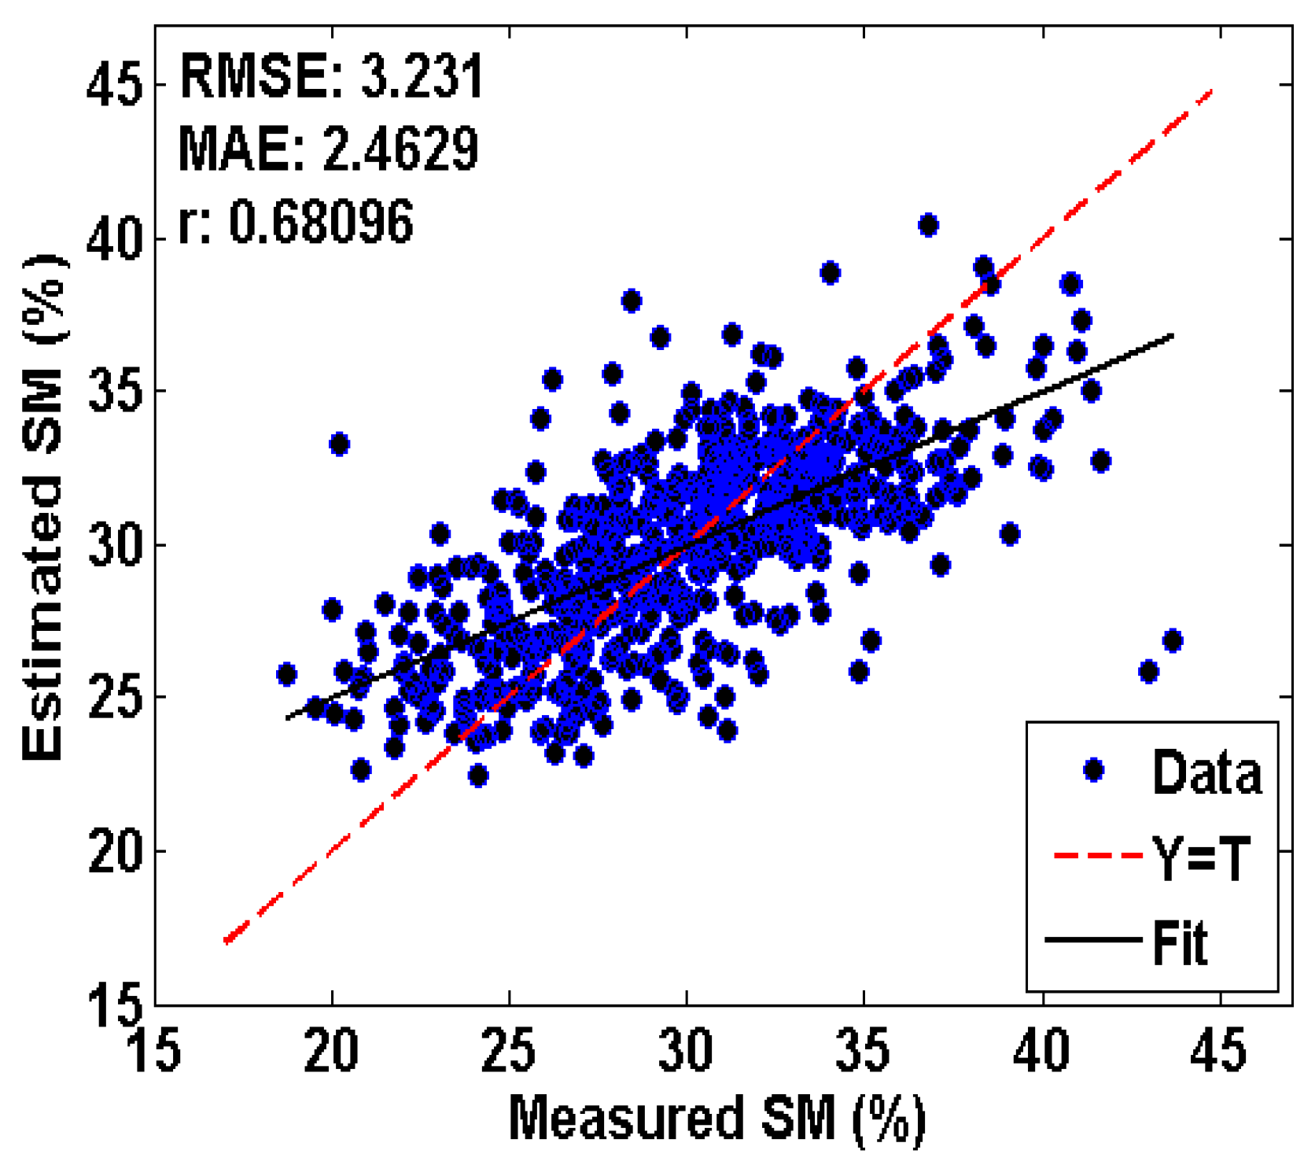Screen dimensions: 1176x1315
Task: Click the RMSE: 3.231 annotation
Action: coord(331,77)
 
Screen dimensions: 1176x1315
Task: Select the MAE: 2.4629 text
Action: coord(328,149)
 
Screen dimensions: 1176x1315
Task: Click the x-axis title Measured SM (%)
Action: coord(716,1118)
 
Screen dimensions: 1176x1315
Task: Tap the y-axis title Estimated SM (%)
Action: coord(45,507)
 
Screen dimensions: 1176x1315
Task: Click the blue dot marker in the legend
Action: coord(1093,770)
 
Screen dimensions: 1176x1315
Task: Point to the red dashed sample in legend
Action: coord(1098,855)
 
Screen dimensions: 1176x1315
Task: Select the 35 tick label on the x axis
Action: coord(863,1051)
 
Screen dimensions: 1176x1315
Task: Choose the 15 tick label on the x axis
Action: coord(154,1051)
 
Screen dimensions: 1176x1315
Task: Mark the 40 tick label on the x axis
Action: coord(1041,1051)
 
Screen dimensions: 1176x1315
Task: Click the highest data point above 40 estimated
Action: coord(928,225)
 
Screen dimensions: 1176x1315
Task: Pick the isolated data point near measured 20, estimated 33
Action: coord(339,444)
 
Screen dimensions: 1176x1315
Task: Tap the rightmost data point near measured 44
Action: coord(1173,640)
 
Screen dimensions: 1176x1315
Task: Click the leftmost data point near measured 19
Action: coord(286,674)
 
